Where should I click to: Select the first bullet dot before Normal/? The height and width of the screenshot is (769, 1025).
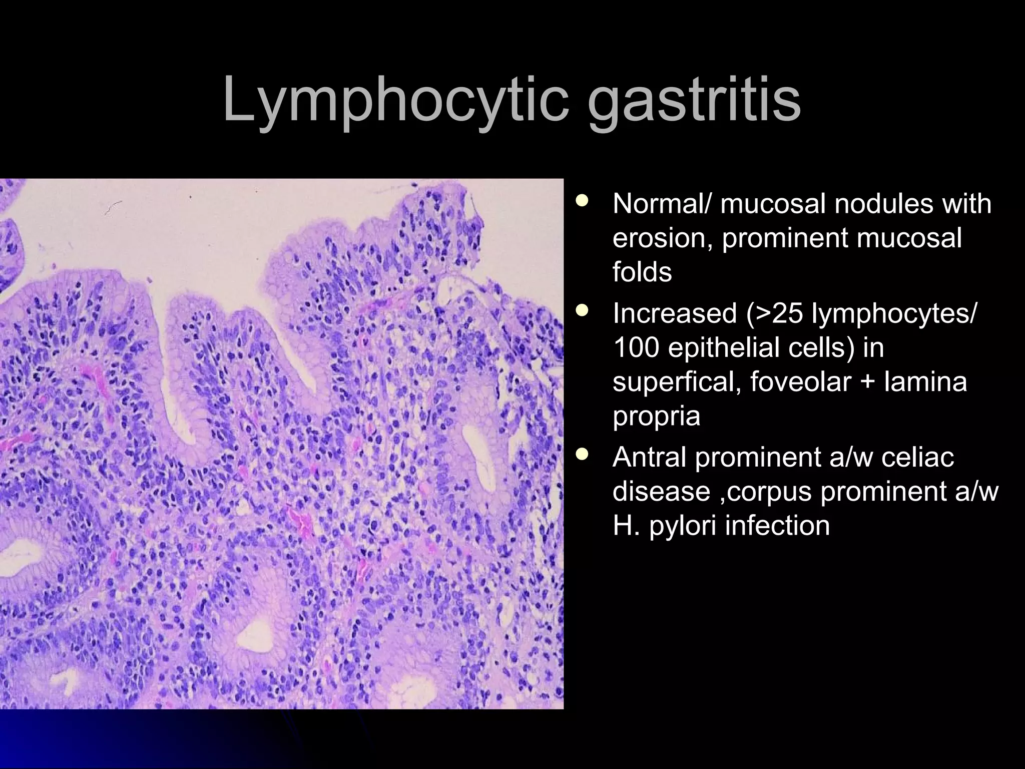(582, 201)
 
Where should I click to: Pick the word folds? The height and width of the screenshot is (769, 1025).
(642, 272)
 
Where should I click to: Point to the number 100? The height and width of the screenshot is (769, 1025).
(635, 347)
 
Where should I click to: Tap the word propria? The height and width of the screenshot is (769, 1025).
(656, 416)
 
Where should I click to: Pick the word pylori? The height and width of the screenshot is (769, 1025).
(683, 526)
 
